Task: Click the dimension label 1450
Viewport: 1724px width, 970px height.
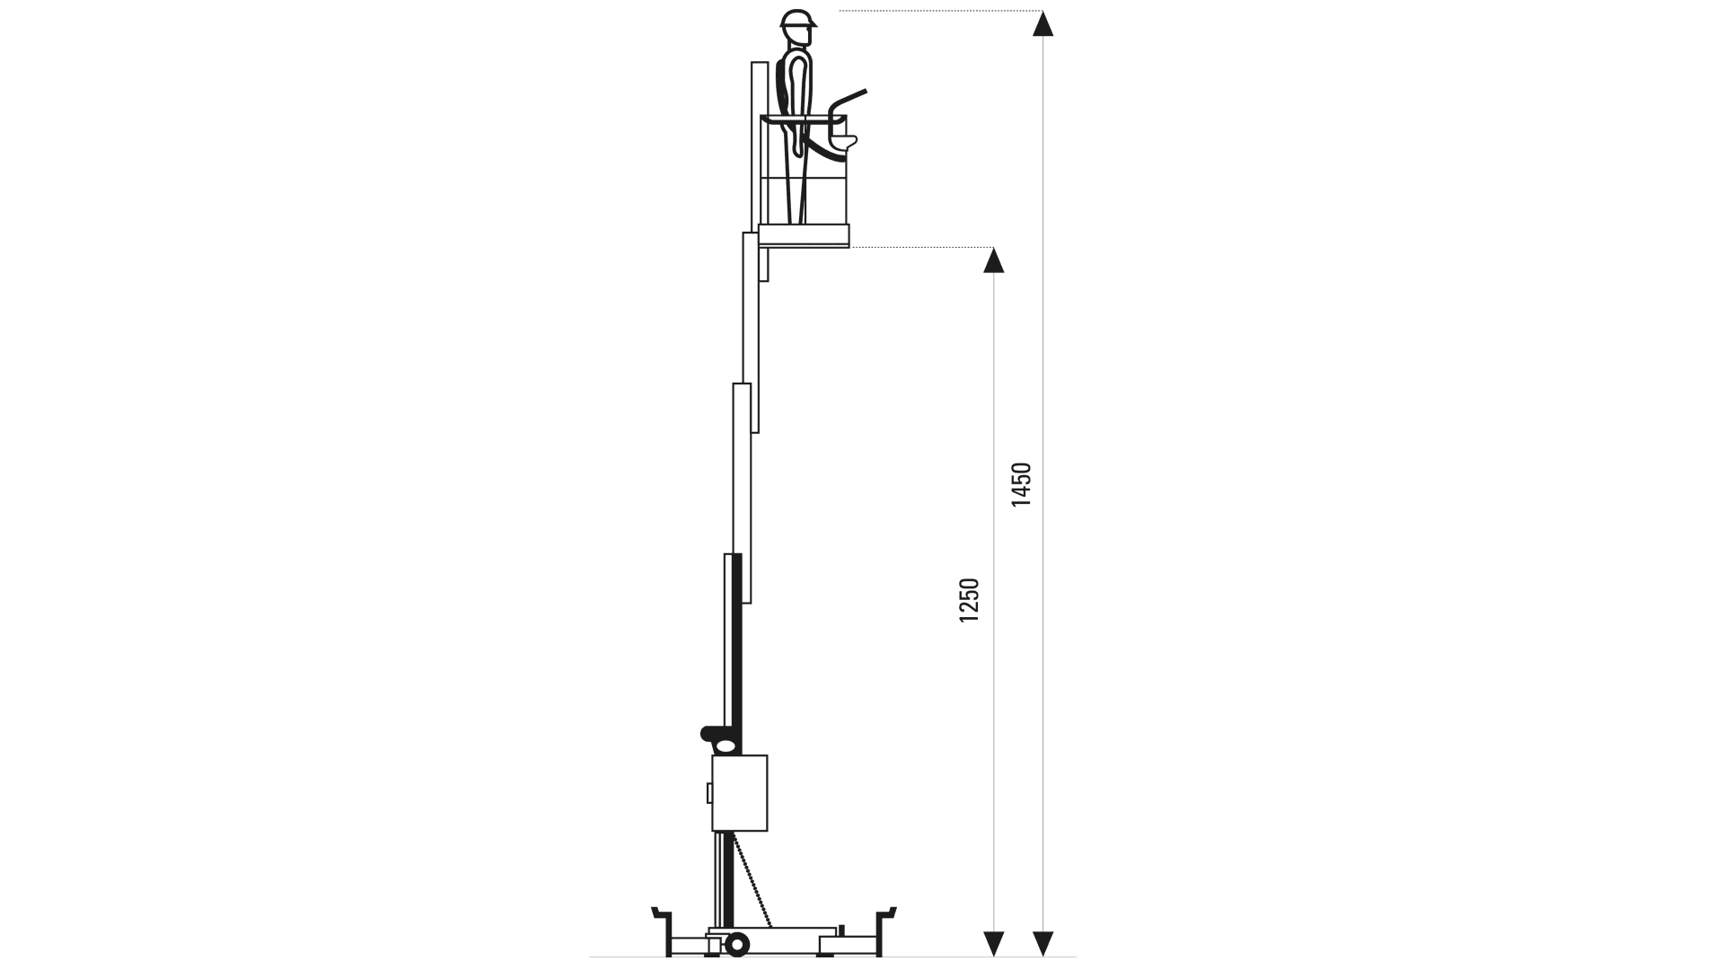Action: pyautogui.click(x=1022, y=484)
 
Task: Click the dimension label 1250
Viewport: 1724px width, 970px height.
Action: pyautogui.click(x=970, y=600)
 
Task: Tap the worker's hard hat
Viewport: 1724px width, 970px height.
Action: pyautogui.click(x=797, y=20)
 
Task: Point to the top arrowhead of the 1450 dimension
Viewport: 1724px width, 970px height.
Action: pyautogui.click(x=1042, y=23)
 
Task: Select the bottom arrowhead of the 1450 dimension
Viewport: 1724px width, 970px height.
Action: pyautogui.click(x=1042, y=943)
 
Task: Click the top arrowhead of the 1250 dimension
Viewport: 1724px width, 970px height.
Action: pyautogui.click(x=993, y=260)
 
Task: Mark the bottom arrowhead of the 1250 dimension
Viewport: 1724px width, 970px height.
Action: pyautogui.click(x=993, y=943)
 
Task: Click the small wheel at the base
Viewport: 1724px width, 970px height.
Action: pyautogui.click(x=737, y=944)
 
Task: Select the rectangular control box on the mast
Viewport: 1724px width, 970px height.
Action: pyautogui.click(x=740, y=793)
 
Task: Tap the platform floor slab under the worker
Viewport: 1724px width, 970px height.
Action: pyautogui.click(x=804, y=235)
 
